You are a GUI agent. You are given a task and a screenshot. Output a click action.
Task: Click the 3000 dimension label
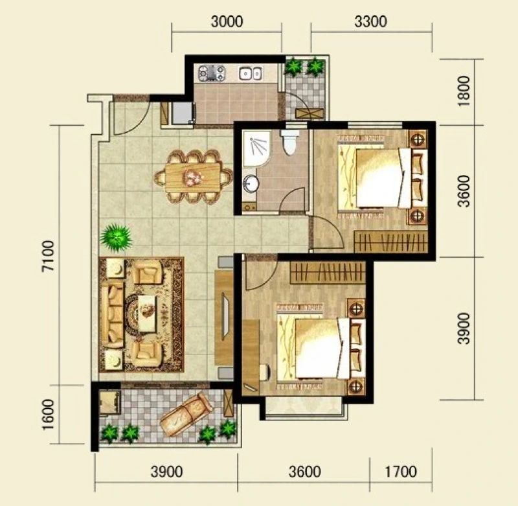click(227, 21)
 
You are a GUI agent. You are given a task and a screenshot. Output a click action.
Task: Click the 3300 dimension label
click(370, 21)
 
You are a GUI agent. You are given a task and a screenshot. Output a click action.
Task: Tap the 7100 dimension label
click(48, 256)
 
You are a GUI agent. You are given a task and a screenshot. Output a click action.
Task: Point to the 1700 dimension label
click(401, 472)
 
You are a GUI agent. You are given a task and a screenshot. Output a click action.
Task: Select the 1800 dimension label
click(464, 91)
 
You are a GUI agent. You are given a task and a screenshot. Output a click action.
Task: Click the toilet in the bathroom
click(289, 142)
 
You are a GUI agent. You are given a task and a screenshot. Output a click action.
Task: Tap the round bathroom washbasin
click(251, 183)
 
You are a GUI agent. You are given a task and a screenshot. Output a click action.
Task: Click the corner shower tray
click(256, 148)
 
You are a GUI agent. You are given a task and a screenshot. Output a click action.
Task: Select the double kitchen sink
click(251, 73)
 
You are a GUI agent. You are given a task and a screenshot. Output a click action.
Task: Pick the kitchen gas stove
click(212, 73)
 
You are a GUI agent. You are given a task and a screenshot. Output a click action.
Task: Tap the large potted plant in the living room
click(116, 238)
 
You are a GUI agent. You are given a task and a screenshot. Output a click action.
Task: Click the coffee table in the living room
click(147, 314)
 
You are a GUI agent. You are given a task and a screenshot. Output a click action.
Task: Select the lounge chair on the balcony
click(186, 415)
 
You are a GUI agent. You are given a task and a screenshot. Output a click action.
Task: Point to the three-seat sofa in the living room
click(112, 316)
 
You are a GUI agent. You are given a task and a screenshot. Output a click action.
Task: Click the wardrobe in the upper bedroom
click(390, 242)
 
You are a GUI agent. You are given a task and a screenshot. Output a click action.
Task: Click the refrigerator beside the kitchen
click(182, 113)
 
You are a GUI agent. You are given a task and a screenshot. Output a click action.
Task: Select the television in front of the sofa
click(226, 316)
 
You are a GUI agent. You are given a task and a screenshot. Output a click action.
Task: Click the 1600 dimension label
click(48, 415)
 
